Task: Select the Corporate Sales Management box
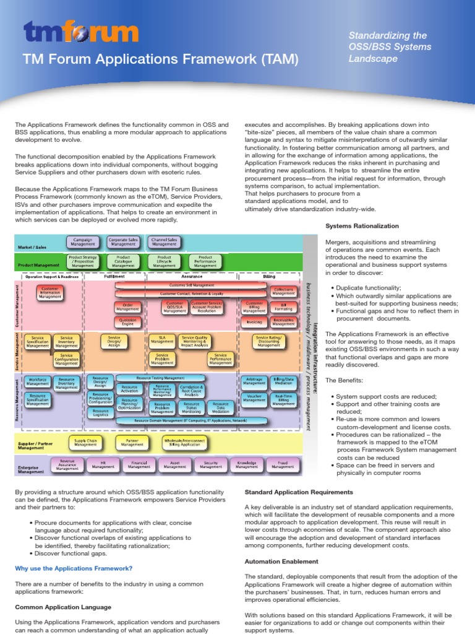[x=123, y=242]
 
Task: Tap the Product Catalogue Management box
[x=123, y=261]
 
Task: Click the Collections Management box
[x=283, y=290]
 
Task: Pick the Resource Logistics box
[x=100, y=413]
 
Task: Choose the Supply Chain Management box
[x=85, y=443]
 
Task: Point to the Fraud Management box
[x=283, y=464]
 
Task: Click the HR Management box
[x=103, y=464]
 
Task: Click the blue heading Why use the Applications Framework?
[x=74, y=568]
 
